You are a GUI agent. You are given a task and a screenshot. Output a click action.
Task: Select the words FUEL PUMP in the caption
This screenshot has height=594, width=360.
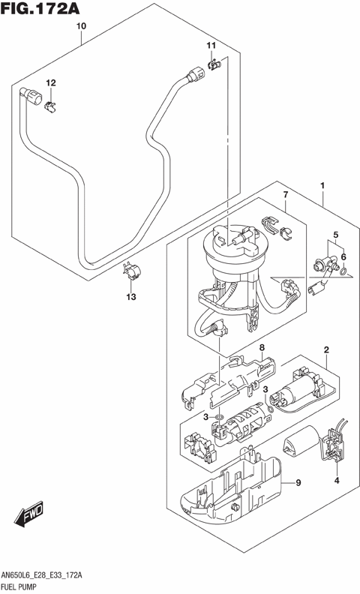(x=25, y=585)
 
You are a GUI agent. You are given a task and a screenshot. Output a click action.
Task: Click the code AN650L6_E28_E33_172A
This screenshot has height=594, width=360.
(x=46, y=574)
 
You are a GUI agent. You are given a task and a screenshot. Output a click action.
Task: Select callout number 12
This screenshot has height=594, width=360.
(x=51, y=82)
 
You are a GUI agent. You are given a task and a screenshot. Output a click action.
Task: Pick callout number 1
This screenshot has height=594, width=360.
(x=322, y=185)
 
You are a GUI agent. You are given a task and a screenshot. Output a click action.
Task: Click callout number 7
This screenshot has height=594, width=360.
(x=286, y=196)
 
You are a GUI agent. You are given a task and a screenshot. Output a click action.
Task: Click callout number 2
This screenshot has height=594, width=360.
(x=327, y=350)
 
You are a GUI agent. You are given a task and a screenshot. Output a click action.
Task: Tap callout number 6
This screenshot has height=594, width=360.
(x=344, y=257)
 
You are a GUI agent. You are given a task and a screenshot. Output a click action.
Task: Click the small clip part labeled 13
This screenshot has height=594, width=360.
(x=132, y=271)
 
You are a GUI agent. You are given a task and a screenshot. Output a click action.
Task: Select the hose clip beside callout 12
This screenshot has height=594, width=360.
(x=52, y=105)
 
